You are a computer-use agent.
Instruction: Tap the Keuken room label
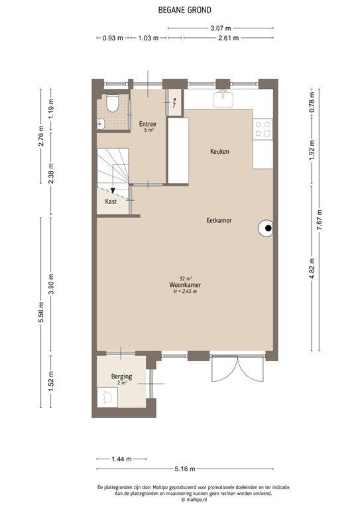coord(219,152)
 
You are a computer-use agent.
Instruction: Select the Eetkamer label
coord(219,221)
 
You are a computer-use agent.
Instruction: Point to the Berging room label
coord(121,377)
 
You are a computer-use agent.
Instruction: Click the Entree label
coord(147,124)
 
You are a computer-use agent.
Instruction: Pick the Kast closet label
coord(111,201)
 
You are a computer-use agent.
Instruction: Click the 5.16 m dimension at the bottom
coord(184,469)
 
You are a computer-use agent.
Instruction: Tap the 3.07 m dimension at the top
coord(220,28)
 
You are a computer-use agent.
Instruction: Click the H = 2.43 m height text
coord(185,292)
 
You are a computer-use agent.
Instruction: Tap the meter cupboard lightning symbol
coord(174,103)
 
